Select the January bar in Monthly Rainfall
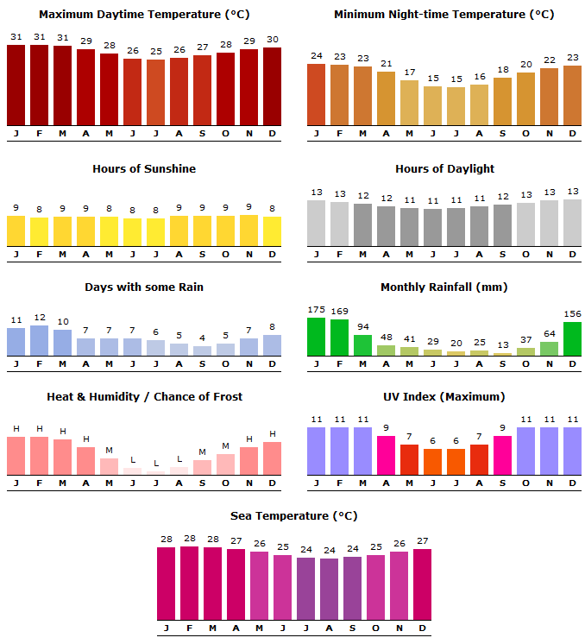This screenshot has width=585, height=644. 317,337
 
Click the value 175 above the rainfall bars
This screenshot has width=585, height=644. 317,310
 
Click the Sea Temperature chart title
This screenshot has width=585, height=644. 293,515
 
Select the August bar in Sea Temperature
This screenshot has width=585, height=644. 330,589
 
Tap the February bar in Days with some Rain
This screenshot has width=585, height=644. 39,340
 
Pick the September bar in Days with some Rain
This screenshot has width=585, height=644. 202,350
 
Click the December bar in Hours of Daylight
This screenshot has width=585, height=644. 572,223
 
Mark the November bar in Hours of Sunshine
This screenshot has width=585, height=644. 248,230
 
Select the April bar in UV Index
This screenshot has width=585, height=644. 387,455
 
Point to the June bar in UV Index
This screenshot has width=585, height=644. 433,461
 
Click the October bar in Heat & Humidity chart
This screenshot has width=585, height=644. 225,464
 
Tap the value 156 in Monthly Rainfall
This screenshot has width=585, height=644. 572,314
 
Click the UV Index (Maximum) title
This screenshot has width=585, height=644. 444,396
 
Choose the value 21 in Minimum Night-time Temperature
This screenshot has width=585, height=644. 387,63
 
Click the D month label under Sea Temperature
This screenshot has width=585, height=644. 423,628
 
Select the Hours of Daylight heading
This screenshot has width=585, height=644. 444,168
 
